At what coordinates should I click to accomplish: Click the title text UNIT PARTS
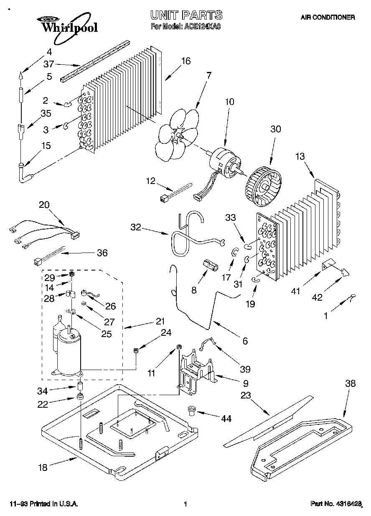(186, 16)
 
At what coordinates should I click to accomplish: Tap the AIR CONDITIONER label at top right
(328, 18)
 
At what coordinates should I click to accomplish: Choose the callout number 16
(185, 61)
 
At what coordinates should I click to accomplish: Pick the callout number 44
(226, 418)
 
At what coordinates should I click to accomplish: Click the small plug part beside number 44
(193, 412)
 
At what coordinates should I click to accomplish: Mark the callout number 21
(160, 322)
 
